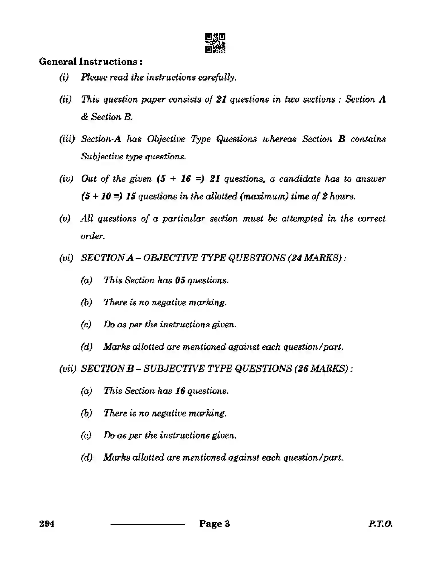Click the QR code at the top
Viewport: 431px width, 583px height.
(215, 43)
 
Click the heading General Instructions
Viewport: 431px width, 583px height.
(90, 62)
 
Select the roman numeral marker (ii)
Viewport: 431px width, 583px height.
(65, 99)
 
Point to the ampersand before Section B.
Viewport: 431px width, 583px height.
(84, 117)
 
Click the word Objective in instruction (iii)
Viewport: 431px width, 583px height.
(166, 139)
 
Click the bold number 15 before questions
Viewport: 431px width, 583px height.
(131, 196)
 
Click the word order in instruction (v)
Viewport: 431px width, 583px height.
(92, 236)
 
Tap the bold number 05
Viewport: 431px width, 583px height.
(180, 280)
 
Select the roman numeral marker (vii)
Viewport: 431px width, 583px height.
(68, 369)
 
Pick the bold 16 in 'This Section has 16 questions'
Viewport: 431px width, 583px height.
(180, 391)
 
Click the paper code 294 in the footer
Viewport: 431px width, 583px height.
(47, 524)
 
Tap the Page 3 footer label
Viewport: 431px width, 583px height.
(214, 524)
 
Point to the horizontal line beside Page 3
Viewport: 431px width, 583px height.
(147, 524)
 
